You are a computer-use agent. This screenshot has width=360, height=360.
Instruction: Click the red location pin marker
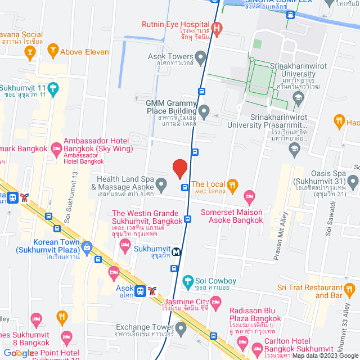point(179,168)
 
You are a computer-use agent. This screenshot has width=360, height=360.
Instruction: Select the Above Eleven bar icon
point(53,49)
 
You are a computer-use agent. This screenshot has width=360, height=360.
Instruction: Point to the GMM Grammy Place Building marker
point(204,111)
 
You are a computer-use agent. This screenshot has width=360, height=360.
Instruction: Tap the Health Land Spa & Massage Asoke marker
point(161,183)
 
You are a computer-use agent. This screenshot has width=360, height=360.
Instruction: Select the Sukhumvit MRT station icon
point(177,251)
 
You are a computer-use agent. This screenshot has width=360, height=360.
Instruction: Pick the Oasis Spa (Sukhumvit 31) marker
point(353,182)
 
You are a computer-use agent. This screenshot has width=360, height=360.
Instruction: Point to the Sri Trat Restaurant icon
point(349,290)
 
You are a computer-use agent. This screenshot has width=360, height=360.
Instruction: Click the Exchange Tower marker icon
point(181,327)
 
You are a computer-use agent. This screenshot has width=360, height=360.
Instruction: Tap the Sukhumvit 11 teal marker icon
point(53,88)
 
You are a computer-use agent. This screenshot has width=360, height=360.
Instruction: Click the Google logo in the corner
point(18,353)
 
